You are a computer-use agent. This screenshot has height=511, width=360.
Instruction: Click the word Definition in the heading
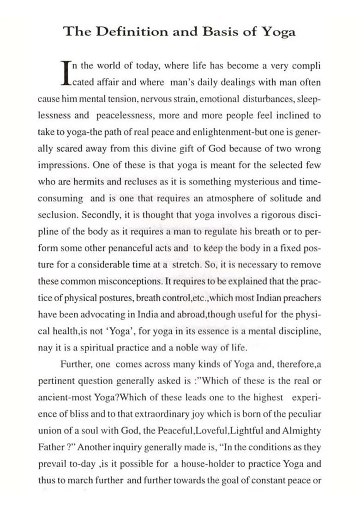click(x=126, y=31)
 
